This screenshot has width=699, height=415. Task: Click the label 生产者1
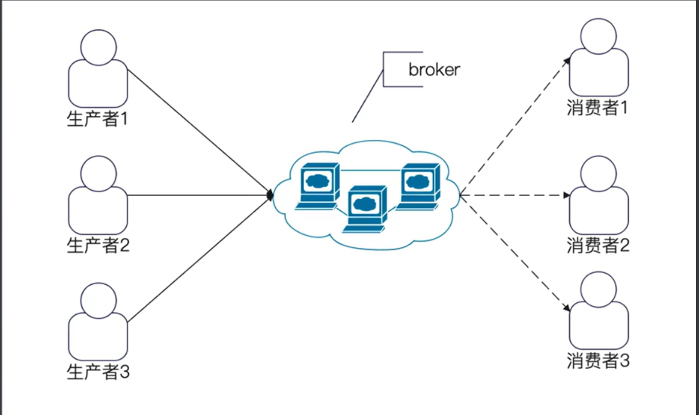tap(98, 119)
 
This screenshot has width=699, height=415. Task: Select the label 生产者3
tap(98, 372)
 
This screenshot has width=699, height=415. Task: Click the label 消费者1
tap(598, 108)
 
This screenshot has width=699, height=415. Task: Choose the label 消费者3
tap(598, 361)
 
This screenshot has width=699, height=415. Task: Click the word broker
tap(434, 69)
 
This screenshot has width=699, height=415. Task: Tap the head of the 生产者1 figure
tap(98, 47)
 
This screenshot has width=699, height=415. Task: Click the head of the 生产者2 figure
tap(98, 174)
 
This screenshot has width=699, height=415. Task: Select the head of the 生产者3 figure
tap(98, 300)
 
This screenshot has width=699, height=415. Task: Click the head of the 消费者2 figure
tap(598, 174)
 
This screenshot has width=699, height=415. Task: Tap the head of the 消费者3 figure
tap(598, 289)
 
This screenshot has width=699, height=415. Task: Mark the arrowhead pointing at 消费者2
tap(566, 195)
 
